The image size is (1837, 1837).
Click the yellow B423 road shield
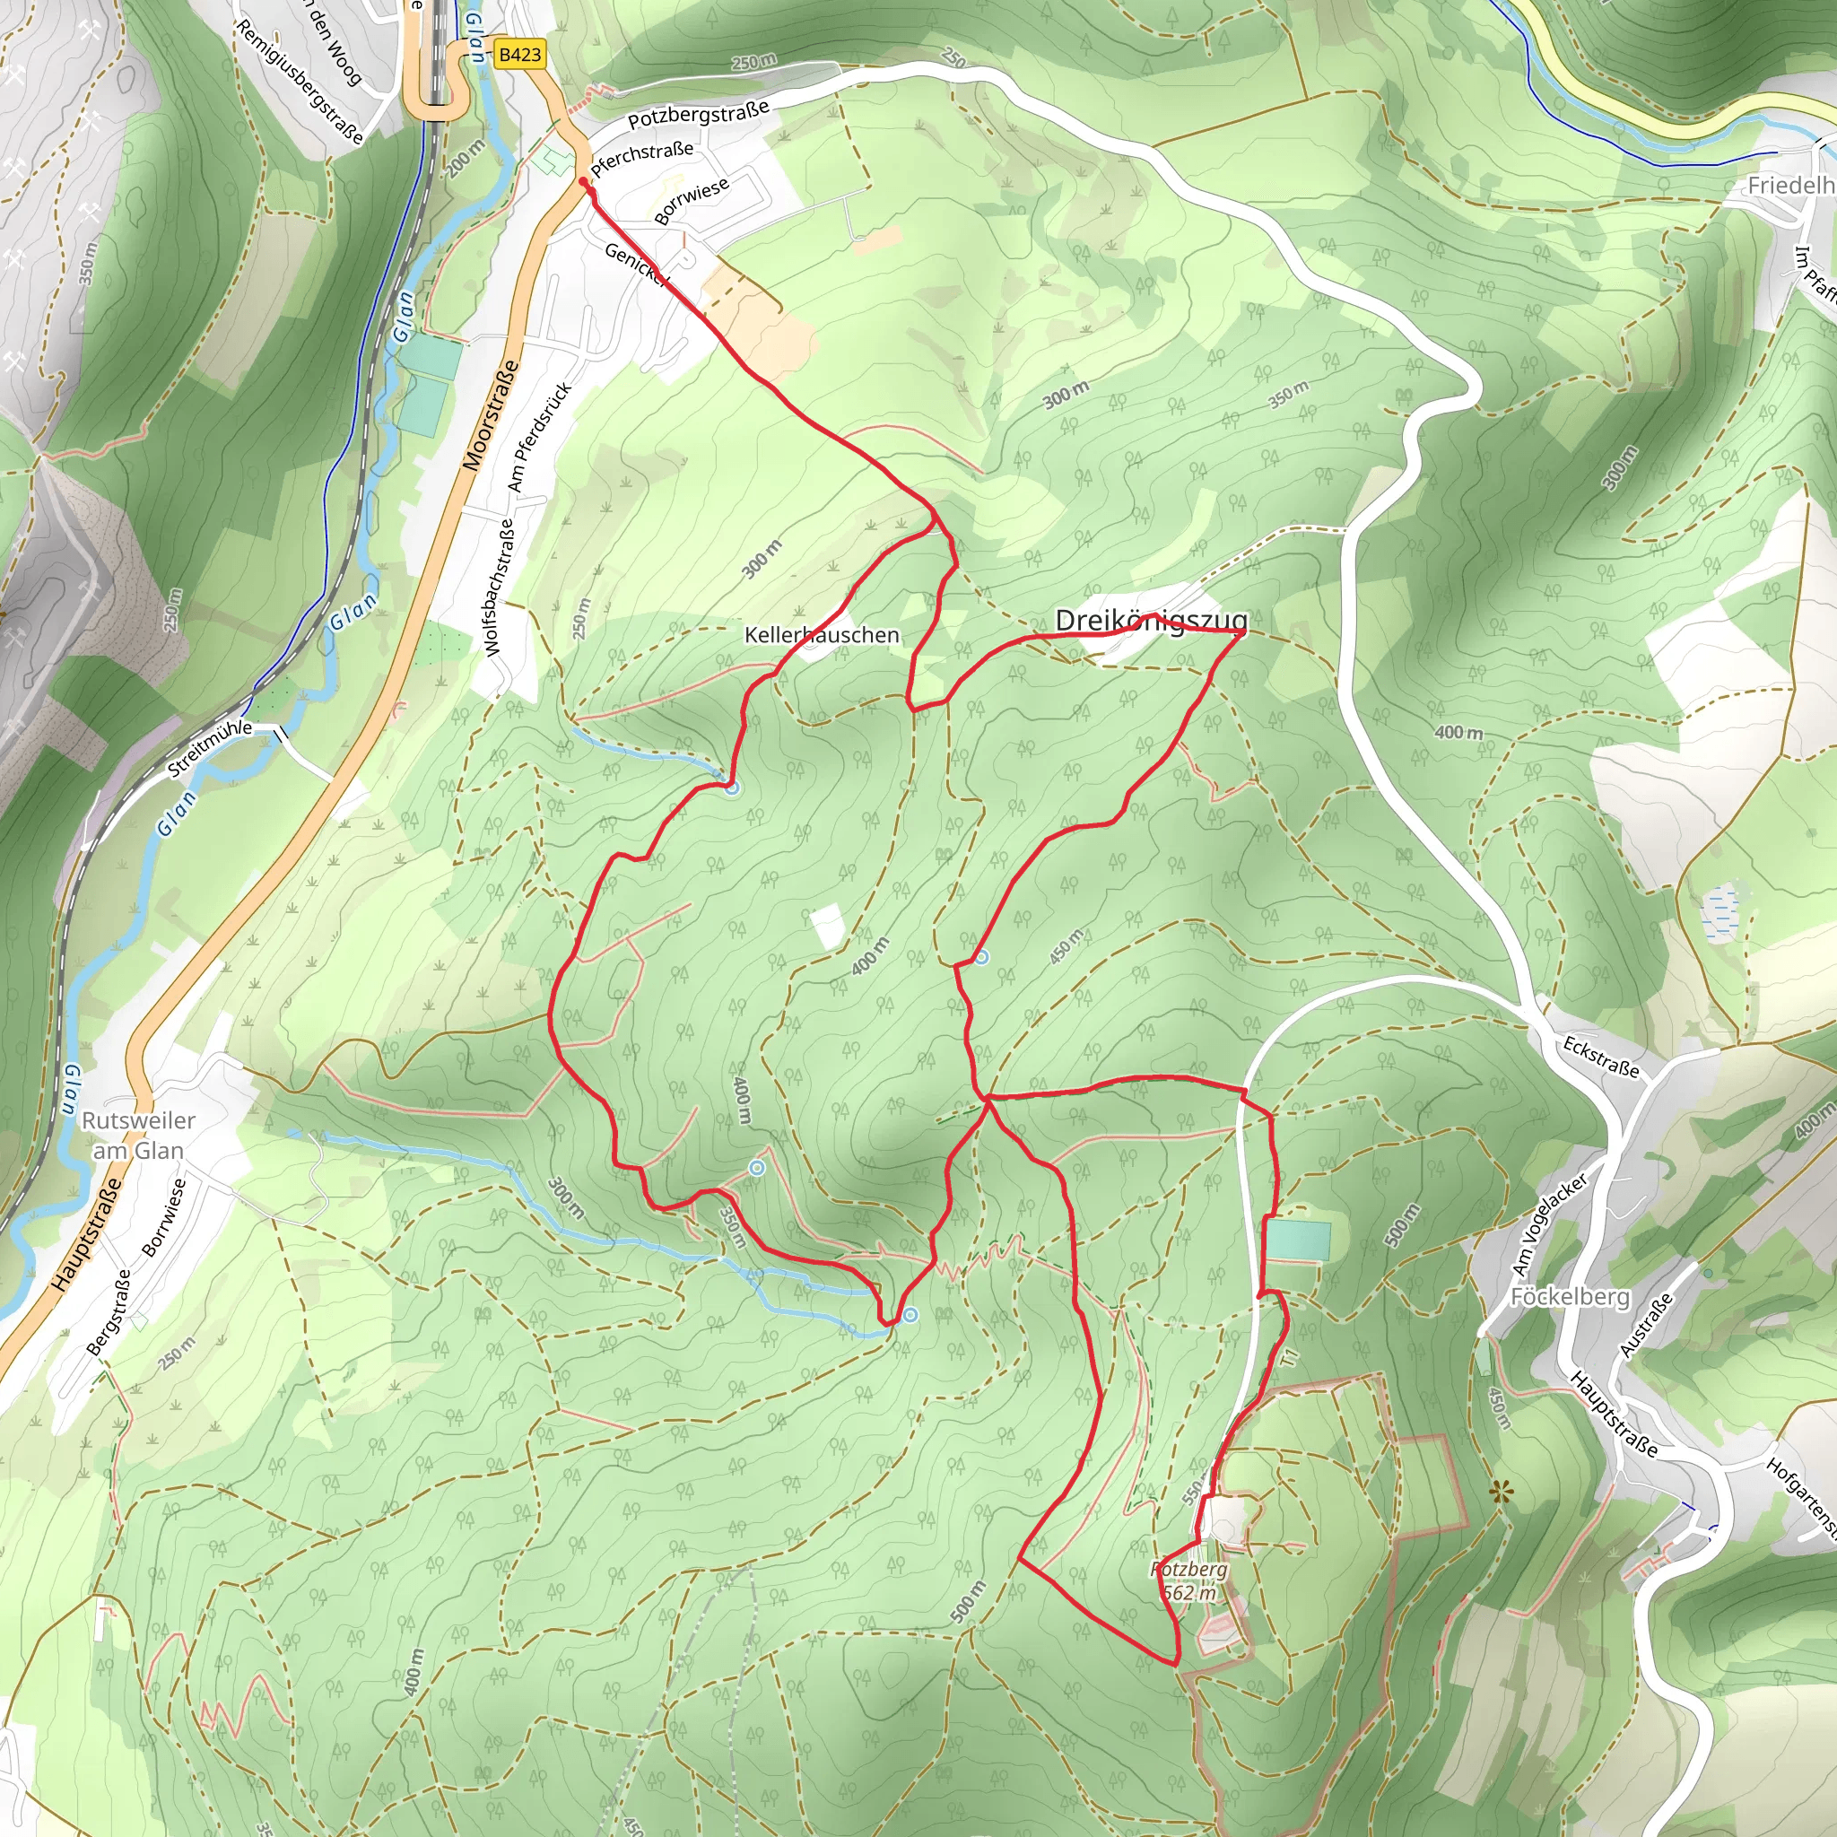(519, 54)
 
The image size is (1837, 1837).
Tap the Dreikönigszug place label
(1151, 621)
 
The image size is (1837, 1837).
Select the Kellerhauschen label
(822, 634)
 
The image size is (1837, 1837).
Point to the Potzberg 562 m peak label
(1188, 1580)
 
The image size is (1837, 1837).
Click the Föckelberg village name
(1570, 1297)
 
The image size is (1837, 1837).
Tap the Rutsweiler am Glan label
(139, 1136)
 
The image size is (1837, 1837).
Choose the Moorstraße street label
(492, 415)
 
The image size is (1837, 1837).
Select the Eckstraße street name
(1601, 1057)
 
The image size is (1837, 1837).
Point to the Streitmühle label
(210, 748)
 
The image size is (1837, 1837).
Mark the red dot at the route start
(583, 180)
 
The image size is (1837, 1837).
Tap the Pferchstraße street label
(642, 159)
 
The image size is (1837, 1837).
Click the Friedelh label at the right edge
(1790, 186)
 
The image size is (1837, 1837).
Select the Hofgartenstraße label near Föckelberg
(1802, 1497)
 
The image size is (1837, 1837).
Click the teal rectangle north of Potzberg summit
(1297, 1241)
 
